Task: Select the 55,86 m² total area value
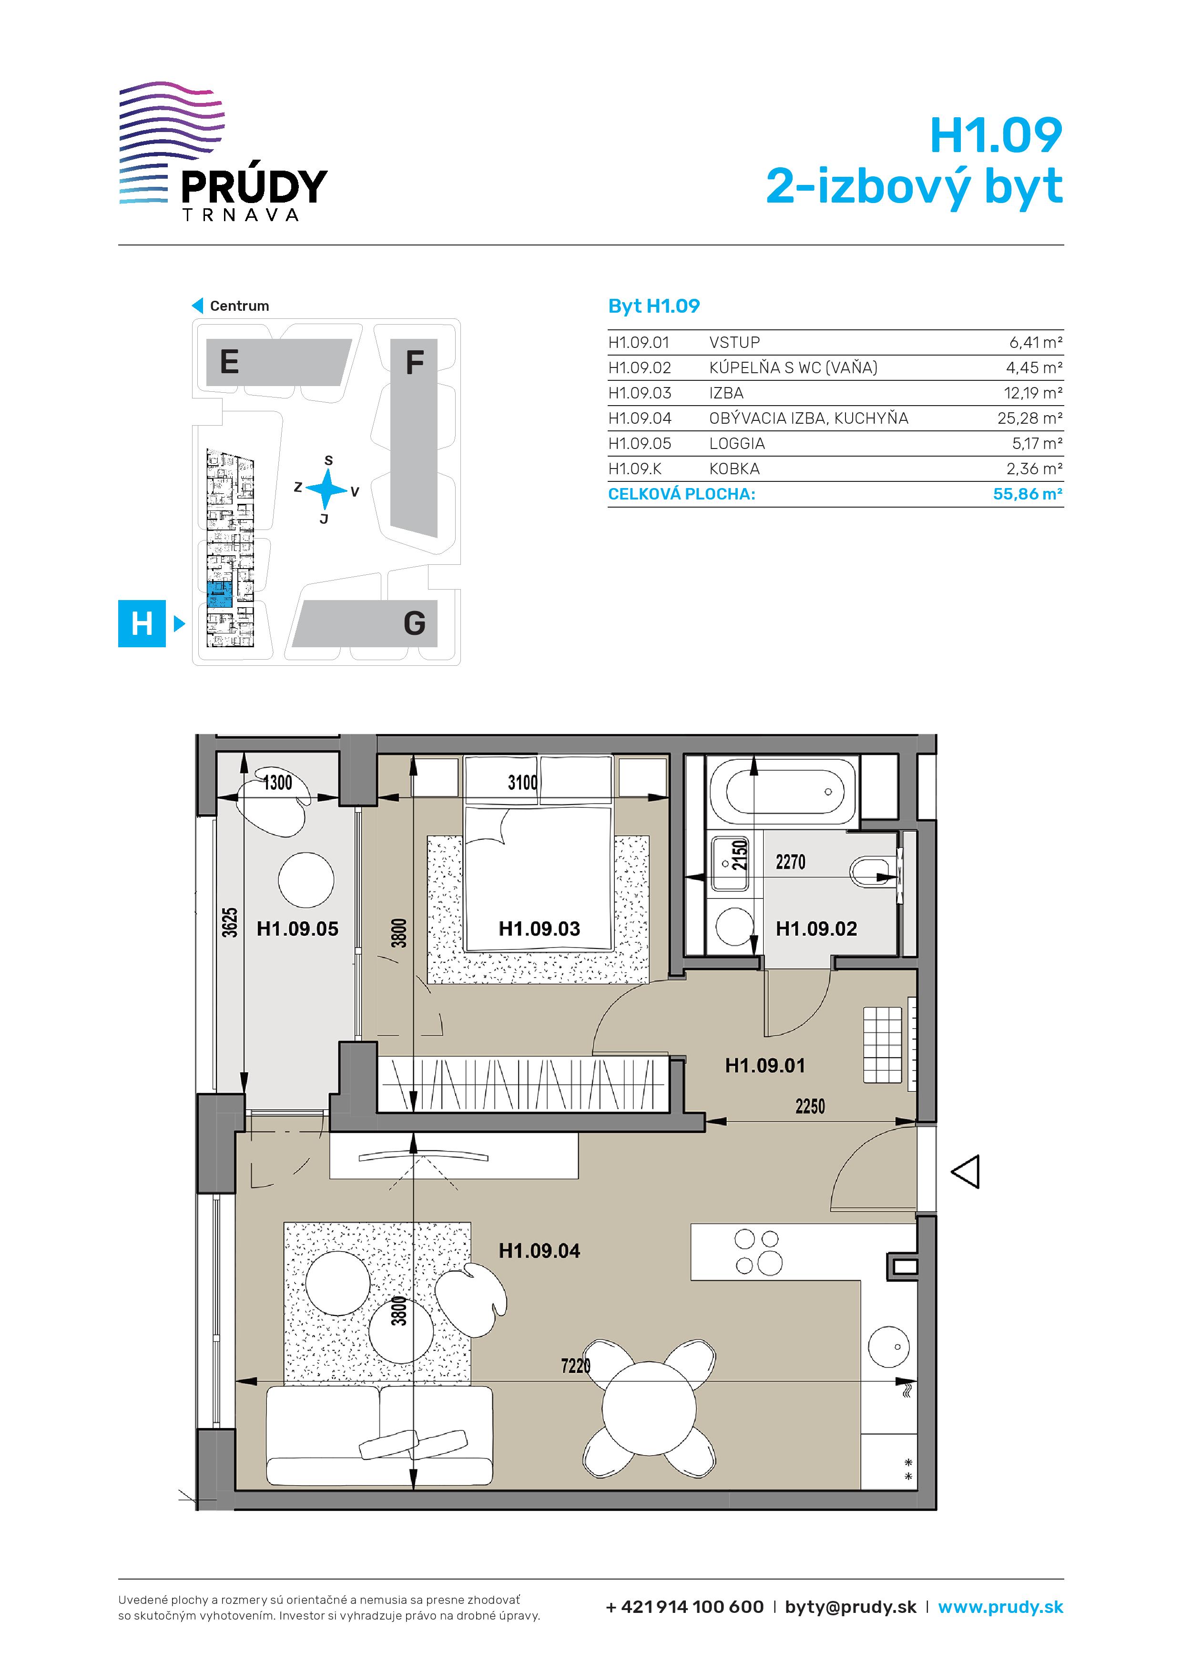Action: tap(1027, 494)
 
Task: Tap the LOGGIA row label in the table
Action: tap(737, 443)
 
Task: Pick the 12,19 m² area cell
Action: tap(1033, 393)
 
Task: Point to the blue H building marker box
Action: tap(142, 623)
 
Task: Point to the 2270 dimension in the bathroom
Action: tap(790, 862)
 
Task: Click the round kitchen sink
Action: tap(888, 1347)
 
